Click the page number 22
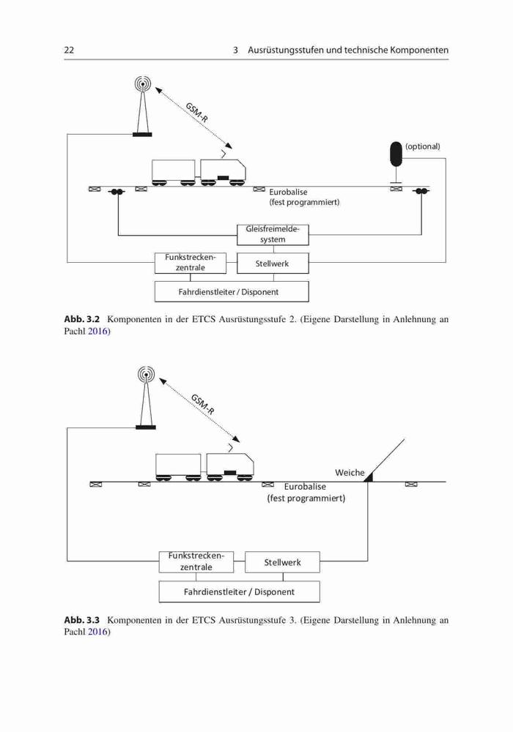69,50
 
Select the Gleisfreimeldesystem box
273,235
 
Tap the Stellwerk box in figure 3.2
273,264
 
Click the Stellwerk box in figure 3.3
282,562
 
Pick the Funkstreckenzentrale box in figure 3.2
190,264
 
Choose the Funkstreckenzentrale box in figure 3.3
196,562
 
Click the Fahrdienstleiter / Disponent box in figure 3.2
232,292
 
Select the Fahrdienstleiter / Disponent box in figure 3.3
239,591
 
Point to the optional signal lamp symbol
396,154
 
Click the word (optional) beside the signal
423,146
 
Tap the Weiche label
350,472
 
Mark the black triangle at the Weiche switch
369,477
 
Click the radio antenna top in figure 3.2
142,84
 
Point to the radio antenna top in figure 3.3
147,374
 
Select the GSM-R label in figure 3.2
196,113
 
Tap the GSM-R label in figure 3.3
203,404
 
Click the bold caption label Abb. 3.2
82,319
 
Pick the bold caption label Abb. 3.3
82,620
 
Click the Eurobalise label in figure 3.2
288,192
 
